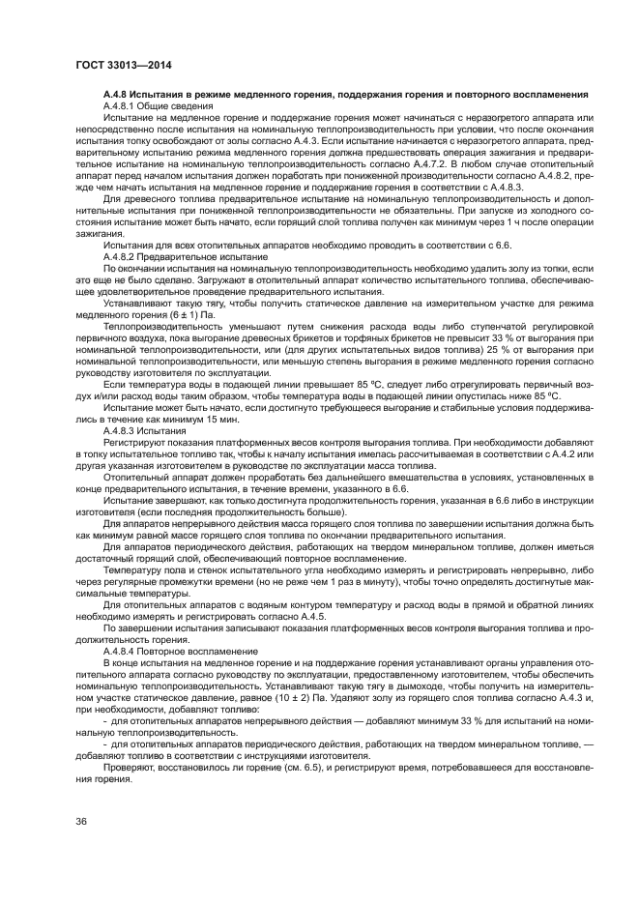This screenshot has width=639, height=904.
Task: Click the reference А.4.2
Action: (x=572, y=453)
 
